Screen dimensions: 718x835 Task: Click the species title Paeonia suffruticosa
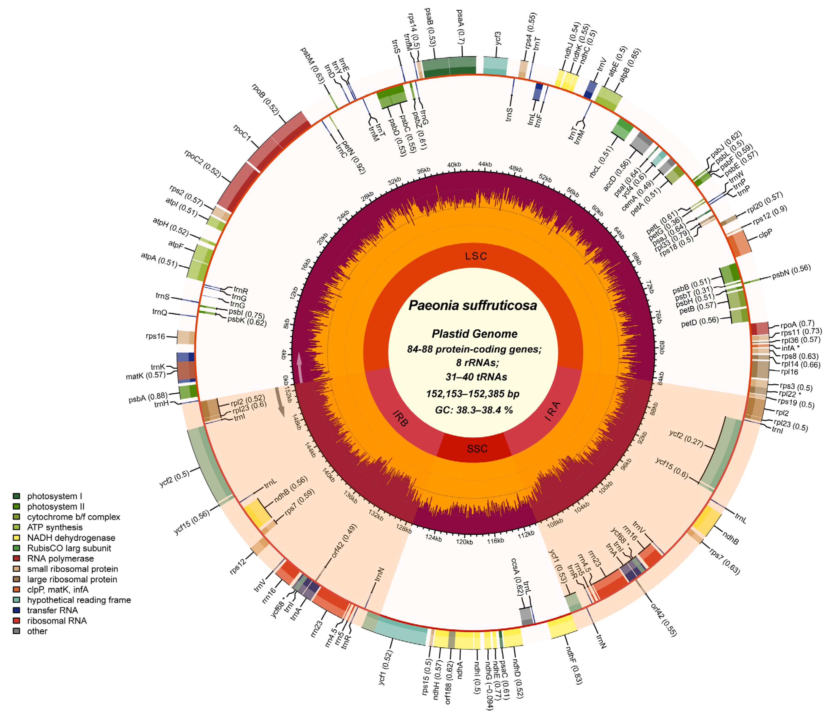(473, 305)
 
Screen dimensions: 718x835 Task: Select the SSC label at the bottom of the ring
(477, 449)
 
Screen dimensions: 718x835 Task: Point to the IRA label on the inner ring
(553, 411)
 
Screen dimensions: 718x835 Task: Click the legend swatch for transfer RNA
(17, 610)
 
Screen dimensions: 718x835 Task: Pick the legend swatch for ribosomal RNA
(17, 620)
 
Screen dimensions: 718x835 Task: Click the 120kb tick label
(464, 542)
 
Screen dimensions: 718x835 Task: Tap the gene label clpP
(765, 233)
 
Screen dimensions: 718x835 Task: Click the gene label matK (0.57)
(145, 376)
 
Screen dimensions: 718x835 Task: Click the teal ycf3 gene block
(495, 66)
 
